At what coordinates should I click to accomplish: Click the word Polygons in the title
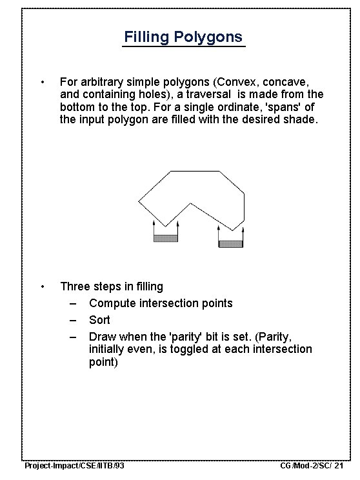point(208,37)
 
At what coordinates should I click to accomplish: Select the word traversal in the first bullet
point(208,94)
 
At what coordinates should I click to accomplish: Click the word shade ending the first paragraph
point(299,119)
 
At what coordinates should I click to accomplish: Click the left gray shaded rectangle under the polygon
point(166,238)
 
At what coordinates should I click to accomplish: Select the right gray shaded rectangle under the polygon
point(230,244)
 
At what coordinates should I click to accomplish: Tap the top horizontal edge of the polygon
point(195,171)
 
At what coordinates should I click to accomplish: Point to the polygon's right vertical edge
point(244,207)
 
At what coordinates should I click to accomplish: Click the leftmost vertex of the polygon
point(139,201)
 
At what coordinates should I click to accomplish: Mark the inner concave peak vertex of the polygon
point(190,203)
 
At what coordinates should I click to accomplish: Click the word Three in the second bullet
point(75,286)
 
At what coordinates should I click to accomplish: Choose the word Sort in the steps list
point(99,320)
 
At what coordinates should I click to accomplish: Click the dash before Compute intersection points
point(73,304)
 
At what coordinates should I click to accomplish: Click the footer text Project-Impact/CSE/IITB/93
point(74,466)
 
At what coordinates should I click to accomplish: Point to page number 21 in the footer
point(339,466)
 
